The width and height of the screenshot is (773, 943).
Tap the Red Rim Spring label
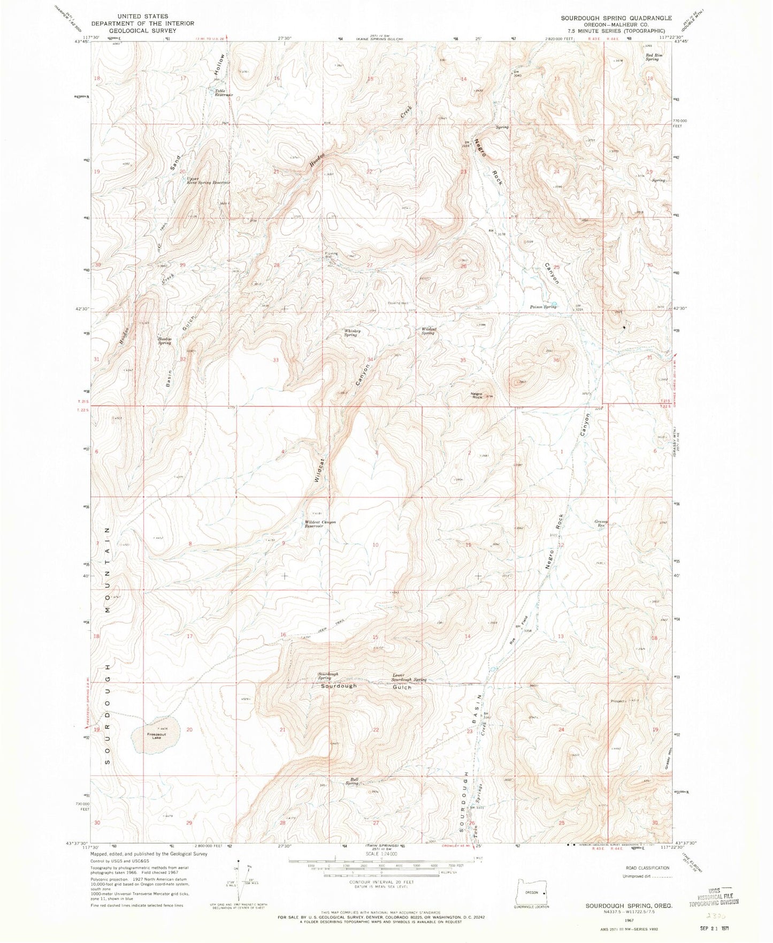coord(653,57)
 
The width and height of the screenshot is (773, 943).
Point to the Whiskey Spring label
coord(351,332)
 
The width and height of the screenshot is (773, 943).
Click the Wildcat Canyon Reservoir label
coord(321,524)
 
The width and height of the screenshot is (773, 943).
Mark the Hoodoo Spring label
coord(164,341)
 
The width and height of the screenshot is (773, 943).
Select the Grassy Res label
coord(601,523)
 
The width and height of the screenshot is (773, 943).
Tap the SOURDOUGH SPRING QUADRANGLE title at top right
coord(616,18)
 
